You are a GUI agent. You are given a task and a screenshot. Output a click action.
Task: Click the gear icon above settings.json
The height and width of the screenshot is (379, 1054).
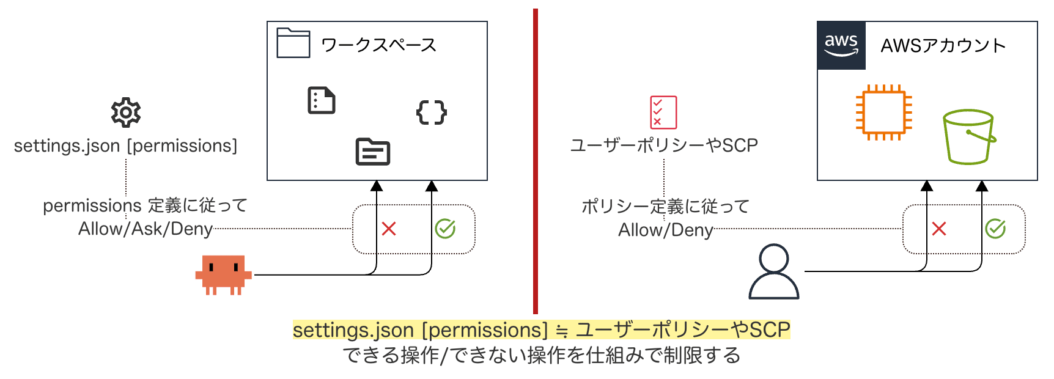126,112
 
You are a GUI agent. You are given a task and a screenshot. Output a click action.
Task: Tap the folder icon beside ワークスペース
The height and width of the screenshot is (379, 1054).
293,43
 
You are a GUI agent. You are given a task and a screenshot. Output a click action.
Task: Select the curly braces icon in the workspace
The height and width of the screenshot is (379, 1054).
432,112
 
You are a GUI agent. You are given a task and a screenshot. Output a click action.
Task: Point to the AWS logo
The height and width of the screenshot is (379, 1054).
841,45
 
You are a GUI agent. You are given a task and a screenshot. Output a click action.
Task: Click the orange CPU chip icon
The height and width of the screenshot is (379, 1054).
883,112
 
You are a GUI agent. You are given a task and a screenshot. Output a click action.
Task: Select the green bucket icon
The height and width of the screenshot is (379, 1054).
968,137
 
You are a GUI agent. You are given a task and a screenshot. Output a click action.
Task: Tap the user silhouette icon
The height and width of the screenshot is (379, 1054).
774,272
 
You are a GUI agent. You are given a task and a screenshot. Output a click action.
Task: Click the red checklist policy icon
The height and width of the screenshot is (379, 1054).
663,112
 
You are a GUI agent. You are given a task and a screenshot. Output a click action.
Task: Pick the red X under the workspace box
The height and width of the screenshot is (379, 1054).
389,229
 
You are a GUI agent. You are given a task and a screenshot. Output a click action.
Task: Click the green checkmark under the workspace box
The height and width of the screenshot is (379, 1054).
445,229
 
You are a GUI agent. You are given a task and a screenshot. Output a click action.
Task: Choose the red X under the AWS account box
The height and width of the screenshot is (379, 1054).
939,229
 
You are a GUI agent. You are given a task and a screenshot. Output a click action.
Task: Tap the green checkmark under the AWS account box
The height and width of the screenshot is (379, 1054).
995,229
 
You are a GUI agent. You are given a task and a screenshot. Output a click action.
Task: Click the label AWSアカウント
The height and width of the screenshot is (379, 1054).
943,46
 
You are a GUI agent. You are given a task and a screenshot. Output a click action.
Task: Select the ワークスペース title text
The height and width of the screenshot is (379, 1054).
378,45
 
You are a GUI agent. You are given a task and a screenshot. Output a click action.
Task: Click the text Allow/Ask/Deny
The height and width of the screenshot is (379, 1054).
146,229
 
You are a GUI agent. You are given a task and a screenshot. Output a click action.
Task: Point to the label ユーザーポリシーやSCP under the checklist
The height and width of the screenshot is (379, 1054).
664,145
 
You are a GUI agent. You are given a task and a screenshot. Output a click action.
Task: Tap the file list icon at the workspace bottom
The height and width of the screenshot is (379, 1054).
373,152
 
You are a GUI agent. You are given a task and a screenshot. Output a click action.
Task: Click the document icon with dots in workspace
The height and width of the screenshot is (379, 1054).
322,101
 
